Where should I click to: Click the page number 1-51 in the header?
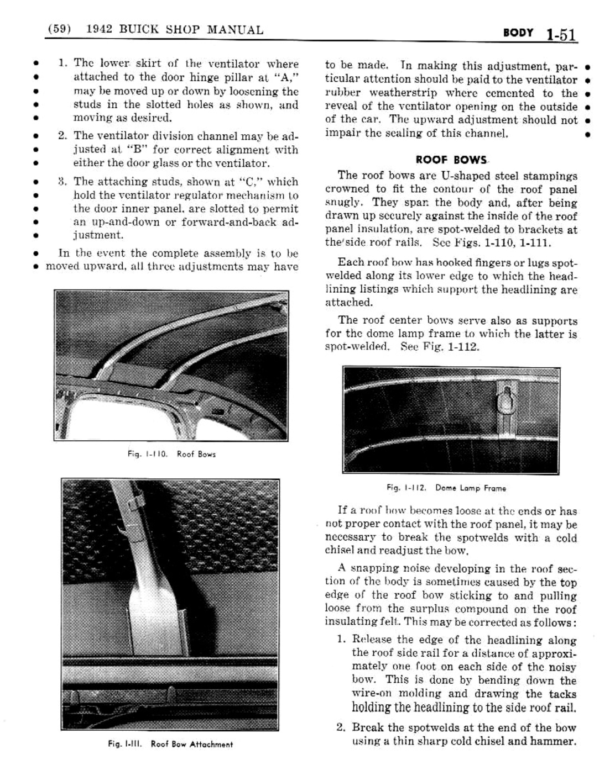point(561,34)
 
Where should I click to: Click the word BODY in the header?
point(518,33)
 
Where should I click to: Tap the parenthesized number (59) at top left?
point(59,30)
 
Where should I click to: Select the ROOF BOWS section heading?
point(451,160)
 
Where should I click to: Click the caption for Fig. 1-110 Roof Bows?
point(171,454)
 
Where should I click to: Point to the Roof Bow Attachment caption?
point(170,744)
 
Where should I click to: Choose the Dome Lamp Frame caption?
point(446,488)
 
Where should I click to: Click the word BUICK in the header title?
point(137,30)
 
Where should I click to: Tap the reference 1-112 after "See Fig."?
point(465,347)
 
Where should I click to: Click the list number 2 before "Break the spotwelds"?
point(341,727)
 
